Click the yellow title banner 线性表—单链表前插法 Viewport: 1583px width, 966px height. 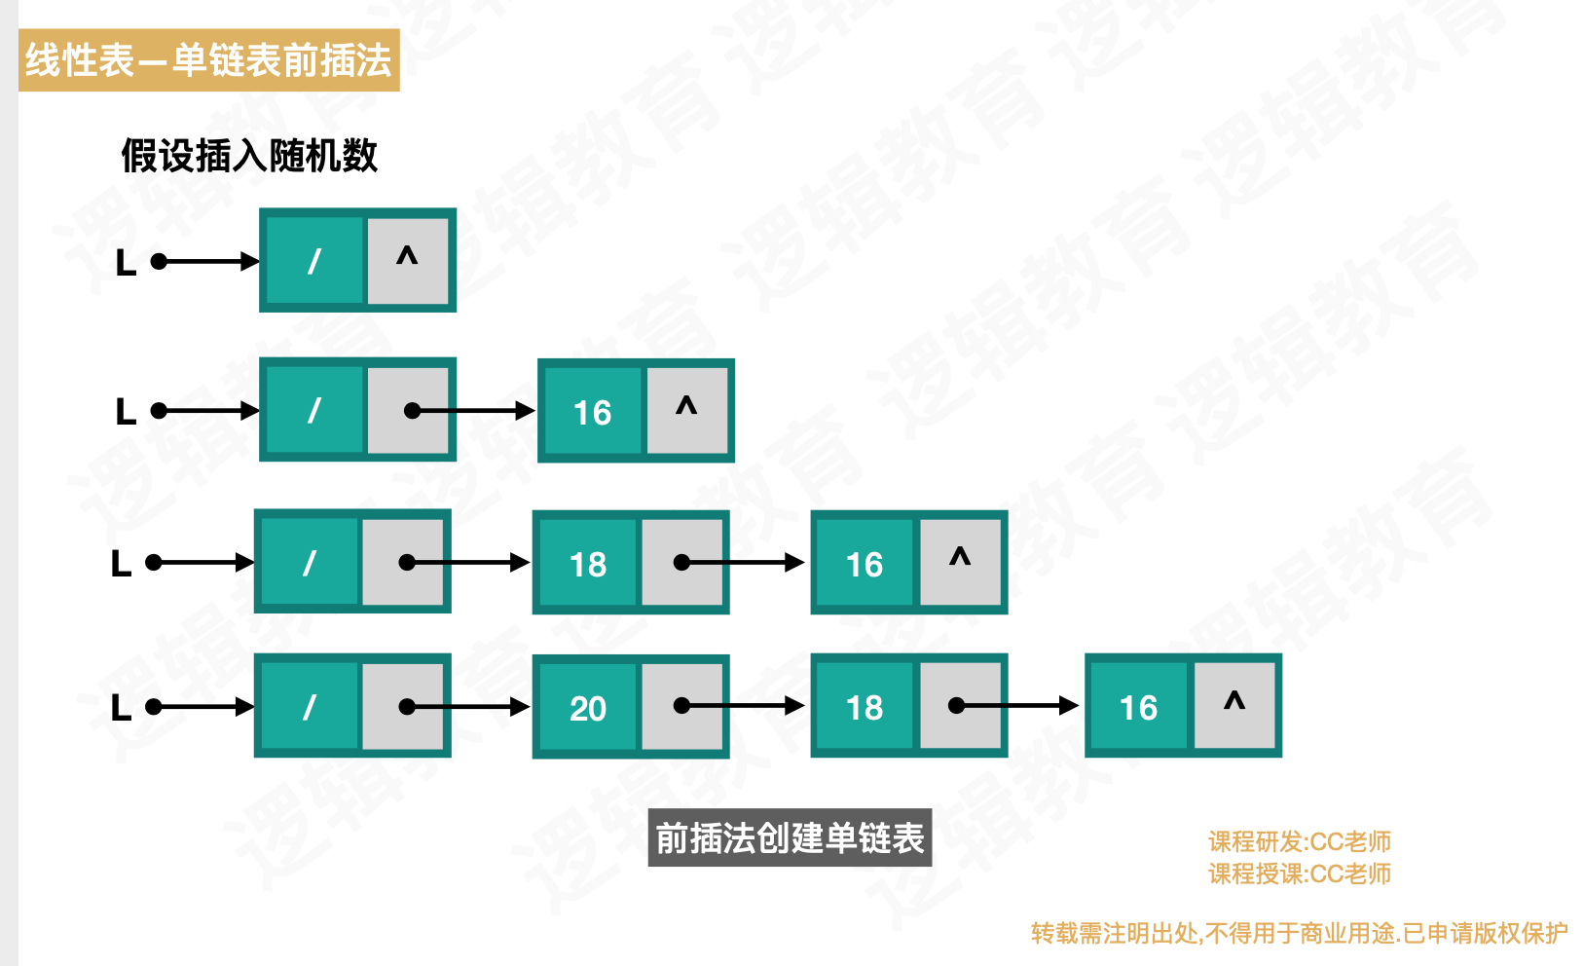(x=208, y=60)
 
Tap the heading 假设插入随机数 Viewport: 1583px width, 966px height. (x=249, y=156)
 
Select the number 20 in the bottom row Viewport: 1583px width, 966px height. (x=588, y=708)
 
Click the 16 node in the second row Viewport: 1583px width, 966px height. (x=592, y=412)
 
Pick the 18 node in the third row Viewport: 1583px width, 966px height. (x=587, y=564)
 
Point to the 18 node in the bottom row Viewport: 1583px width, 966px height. (x=865, y=708)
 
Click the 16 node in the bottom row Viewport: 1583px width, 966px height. (x=1138, y=708)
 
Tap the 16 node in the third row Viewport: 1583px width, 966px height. (x=865, y=564)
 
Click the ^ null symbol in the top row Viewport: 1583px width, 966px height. (x=407, y=258)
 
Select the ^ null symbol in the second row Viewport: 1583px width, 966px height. (x=686, y=407)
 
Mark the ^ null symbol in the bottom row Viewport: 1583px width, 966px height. (x=1234, y=702)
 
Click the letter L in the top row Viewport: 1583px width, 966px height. (x=126, y=263)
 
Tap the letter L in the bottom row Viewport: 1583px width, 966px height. (x=121, y=708)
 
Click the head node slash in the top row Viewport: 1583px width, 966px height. (x=313, y=261)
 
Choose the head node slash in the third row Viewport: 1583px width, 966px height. (x=309, y=563)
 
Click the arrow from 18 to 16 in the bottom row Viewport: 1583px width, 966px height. (x=1017, y=706)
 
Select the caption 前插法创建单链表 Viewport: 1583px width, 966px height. (x=790, y=837)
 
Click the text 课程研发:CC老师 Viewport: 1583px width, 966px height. (x=1299, y=841)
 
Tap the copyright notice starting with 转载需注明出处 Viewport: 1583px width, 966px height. (x=1299, y=933)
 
